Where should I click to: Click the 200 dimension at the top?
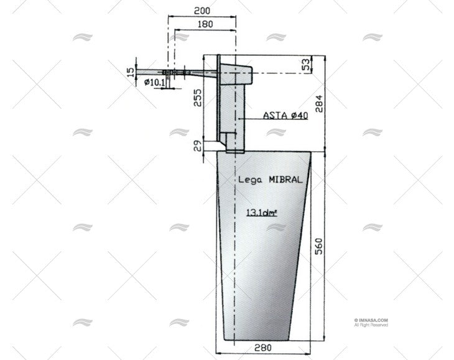point(201,11)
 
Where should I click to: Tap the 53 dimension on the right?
point(305,65)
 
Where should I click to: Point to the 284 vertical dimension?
point(319,103)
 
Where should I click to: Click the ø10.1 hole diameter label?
point(154,82)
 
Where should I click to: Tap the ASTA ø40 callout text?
point(285,115)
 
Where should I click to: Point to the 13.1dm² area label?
point(262,212)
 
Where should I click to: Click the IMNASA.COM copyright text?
point(372,320)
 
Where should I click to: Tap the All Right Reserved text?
point(371,325)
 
